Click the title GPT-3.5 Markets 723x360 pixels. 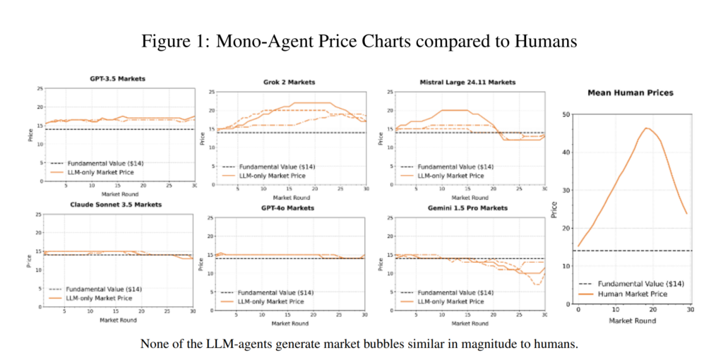click(x=118, y=78)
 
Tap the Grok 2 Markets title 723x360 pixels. click(x=289, y=83)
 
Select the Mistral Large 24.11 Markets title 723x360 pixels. click(x=467, y=83)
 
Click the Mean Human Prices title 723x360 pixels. click(x=631, y=92)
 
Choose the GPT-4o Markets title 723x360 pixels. click(x=289, y=210)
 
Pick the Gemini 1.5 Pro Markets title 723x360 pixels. click(x=467, y=210)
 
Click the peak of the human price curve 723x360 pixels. click(x=645, y=128)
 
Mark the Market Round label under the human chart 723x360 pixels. click(x=632, y=321)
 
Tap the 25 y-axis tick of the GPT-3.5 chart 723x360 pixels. click(x=40, y=88)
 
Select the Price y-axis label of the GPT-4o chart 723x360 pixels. click(x=203, y=263)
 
